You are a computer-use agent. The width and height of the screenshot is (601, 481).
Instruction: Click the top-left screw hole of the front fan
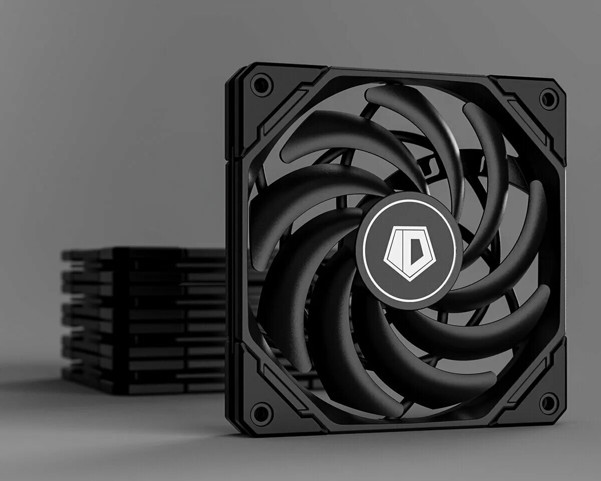261,85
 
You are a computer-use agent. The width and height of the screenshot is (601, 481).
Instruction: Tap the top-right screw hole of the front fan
549,98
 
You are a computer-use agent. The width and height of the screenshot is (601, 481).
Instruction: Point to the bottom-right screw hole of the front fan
549,403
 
